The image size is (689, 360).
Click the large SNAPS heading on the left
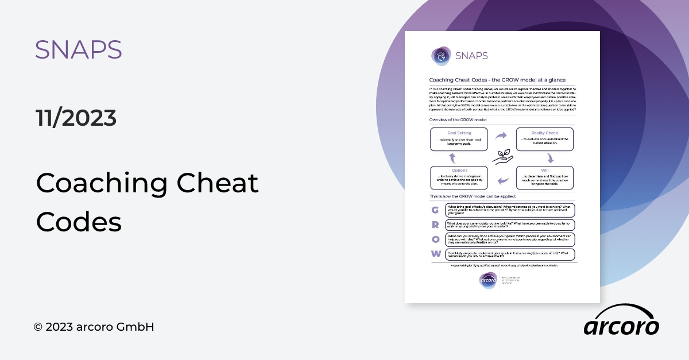click(x=78, y=50)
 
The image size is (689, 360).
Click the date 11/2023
click(x=76, y=118)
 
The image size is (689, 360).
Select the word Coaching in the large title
click(x=101, y=183)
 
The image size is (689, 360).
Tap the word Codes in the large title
click(x=79, y=221)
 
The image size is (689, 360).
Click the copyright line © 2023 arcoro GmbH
click(x=94, y=327)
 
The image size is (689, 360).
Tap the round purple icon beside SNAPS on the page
click(x=441, y=56)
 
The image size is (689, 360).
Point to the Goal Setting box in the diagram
click(x=459, y=140)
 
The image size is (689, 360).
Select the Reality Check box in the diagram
click(x=544, y=140)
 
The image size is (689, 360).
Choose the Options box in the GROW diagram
click(x=459, y=178)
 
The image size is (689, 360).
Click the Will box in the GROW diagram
click(x=544, y=178)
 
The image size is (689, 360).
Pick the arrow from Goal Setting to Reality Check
click(x=501, y=136)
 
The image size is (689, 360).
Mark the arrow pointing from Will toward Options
click(x=502, y=181)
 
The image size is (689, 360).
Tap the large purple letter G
click(x=436, y=210)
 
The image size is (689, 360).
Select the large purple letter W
click(x=436, y=254)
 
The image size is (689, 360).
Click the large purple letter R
click(x=436, y=224)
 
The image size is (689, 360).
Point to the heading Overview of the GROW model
click(x=458, y=119)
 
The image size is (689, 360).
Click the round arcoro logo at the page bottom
click(x=488, y=281)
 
